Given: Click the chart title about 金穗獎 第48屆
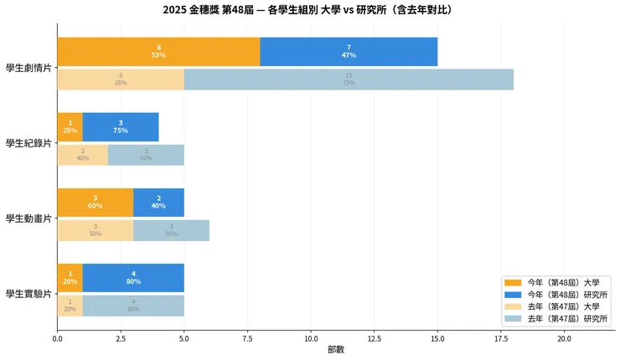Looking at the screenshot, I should point(310,10).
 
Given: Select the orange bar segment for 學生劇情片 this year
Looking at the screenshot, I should point(158,52).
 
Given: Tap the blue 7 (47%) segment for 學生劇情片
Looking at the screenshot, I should point(349,52).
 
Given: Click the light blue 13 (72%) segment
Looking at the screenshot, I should point(349,80).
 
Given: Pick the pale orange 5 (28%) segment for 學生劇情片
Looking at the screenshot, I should point(121,80).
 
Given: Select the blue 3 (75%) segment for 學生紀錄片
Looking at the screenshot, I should point(121,127).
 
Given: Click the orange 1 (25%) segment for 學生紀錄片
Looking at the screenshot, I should point(70,127).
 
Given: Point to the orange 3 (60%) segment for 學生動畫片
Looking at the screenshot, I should point(95,203).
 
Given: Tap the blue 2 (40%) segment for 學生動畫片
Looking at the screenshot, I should point(158,203).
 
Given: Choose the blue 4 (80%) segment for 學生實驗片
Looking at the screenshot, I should point(133,278).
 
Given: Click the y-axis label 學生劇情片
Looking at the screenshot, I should point(28,67).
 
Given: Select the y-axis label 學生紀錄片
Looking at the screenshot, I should point(28,142).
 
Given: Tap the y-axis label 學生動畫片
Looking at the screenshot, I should point(28,218).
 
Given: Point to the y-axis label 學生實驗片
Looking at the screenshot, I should point(28,293).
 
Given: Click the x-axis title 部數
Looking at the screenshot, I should point(335,350).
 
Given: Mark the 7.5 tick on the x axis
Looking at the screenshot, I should point(247,338).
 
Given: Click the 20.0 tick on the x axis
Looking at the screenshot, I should point(564,338).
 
